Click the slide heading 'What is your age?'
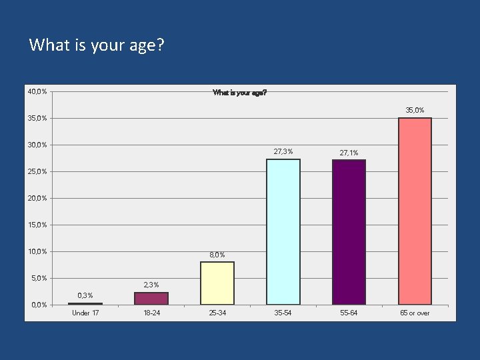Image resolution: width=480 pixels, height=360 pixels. pos(97,45)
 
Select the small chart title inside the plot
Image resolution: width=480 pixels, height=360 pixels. pos(240,93)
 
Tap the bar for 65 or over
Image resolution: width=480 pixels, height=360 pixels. pos(415,211)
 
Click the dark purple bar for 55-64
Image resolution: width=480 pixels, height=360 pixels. pos(349,232)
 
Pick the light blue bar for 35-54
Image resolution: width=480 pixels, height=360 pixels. pos(283,231)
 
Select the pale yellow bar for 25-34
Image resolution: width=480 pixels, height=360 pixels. pos(217,283)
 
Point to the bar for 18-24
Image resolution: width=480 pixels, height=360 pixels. pos(151,298)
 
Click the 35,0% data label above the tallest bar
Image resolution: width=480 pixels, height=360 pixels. pos(415,110)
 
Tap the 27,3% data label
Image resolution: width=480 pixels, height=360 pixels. pos(283,151)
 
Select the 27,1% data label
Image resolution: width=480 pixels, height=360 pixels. pos(349,153)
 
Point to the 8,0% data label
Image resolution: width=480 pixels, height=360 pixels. pos(217,255)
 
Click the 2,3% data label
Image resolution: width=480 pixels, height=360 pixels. pos(151,285)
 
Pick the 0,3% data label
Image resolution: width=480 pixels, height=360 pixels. pos(85,295)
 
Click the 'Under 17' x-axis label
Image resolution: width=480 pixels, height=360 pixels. pos(85,313)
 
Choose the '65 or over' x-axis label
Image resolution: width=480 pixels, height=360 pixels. pos(415,313)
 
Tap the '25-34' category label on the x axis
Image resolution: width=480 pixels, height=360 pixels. pos(217,313)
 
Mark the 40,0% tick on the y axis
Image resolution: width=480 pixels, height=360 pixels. pos(37,91)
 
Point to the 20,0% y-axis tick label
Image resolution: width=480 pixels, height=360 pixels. pos(37,198)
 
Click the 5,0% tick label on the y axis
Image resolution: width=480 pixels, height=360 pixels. pos(39,278)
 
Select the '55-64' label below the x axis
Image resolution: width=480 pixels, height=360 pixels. pos(349,313)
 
